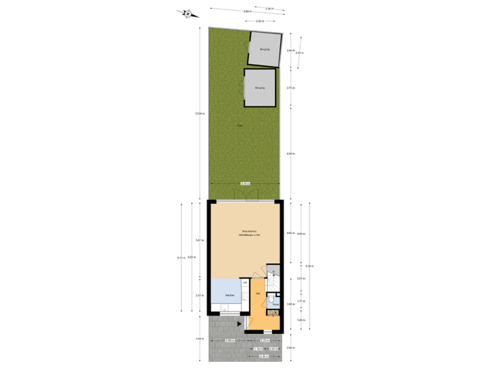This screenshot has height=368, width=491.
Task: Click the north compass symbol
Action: [189, 12]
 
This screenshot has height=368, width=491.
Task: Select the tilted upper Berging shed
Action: [263, 50]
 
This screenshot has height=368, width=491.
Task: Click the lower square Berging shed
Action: [260, 88]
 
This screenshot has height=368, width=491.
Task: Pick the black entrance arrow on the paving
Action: [239, 324]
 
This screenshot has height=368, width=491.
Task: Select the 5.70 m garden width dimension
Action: [245, 183]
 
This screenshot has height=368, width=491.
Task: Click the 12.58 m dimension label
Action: [198, 113]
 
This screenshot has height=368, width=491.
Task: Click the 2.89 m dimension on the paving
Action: [230, 340]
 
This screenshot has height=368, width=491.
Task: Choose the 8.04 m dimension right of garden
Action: [291, 153]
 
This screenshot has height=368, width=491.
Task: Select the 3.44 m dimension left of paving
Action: [198, 339]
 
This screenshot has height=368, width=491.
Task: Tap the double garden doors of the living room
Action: [245, 200]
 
